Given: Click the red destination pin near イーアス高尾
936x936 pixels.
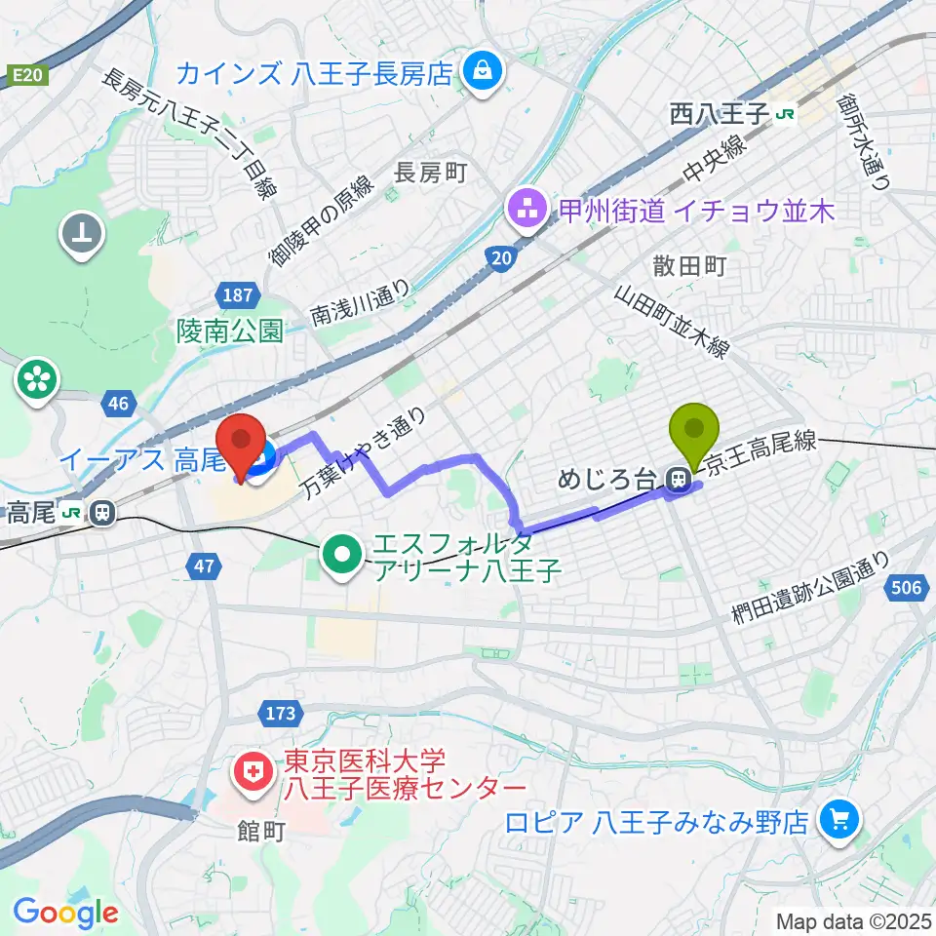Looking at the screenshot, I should pos(240,445).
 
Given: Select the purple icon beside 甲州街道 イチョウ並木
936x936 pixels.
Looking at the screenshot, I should pos(526,209).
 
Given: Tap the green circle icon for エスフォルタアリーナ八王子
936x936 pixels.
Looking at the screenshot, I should pos(342,557).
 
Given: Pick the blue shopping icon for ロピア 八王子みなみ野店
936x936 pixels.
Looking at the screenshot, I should pos(838,819).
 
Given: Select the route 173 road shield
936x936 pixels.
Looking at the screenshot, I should pos(280,714).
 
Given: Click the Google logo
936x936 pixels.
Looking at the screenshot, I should pos(65,913).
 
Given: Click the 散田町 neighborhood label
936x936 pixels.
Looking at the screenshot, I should pos(690,266).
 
